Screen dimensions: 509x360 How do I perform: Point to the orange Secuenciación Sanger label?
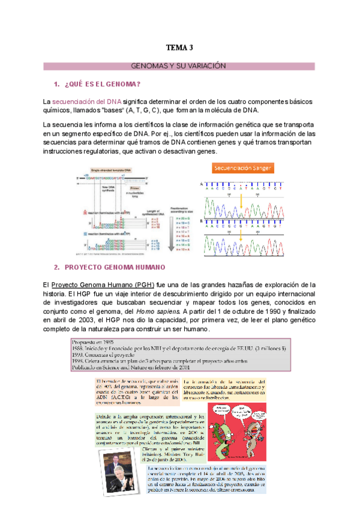[243, 169]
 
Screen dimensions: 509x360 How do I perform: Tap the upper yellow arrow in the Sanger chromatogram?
[242, 210]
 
